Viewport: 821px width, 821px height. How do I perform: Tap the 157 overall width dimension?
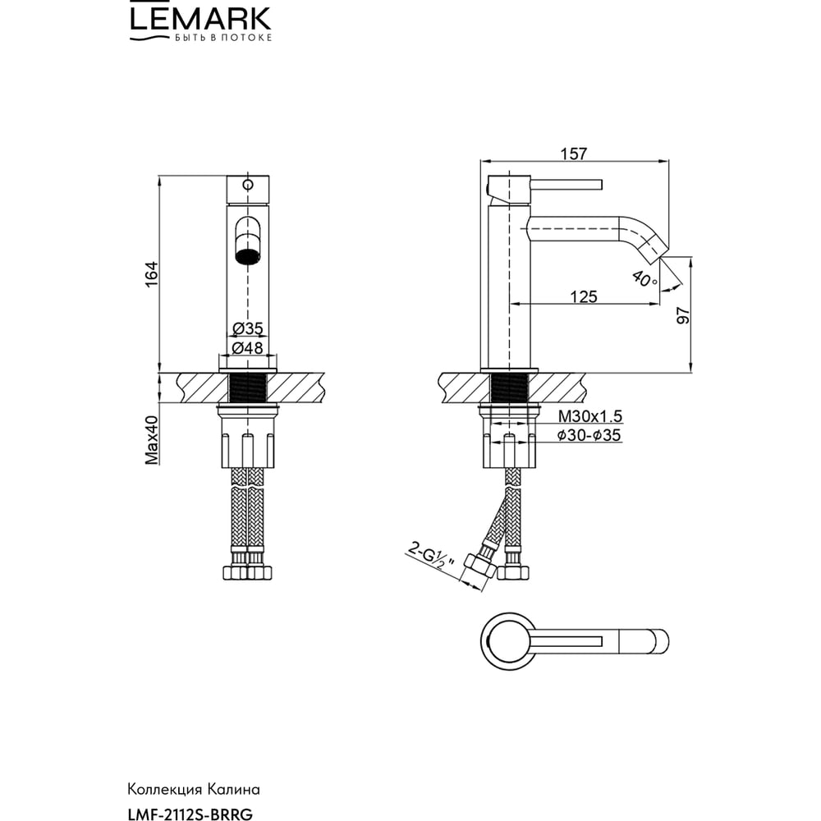[574, 154]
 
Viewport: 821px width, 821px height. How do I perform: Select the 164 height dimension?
[151, 274]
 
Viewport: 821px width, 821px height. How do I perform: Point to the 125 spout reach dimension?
[583, 297]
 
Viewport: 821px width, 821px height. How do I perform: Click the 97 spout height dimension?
[683, 315]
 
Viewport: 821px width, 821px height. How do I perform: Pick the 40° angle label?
[644, 278]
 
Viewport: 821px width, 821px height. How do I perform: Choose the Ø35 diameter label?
[247, 329]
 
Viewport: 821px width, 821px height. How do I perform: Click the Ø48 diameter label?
[247, 347]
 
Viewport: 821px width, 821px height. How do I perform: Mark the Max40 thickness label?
[151, 440]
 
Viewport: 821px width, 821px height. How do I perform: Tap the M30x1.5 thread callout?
[589, 416]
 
